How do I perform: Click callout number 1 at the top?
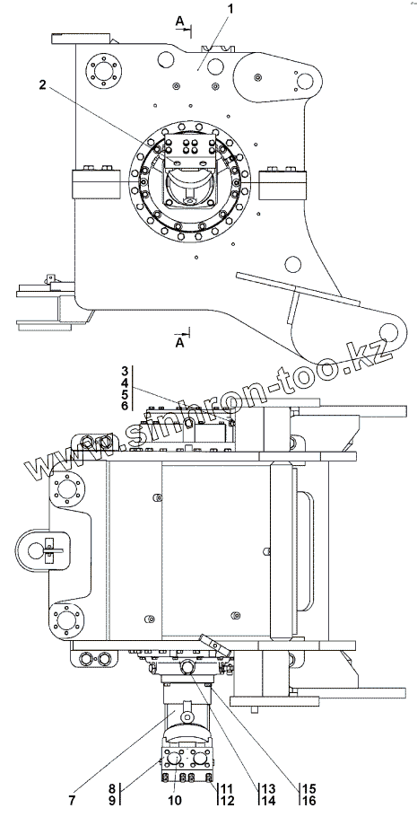[x=230, y=9]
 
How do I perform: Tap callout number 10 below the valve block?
[x=176, y=800]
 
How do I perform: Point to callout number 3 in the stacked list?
[x=125, y=372]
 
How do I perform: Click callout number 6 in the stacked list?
[x=125, y=406]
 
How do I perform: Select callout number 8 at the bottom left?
[x=111, y=788]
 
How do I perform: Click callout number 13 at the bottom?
[x=268, y=788]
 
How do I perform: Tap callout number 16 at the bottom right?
[x=308, y=800]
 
